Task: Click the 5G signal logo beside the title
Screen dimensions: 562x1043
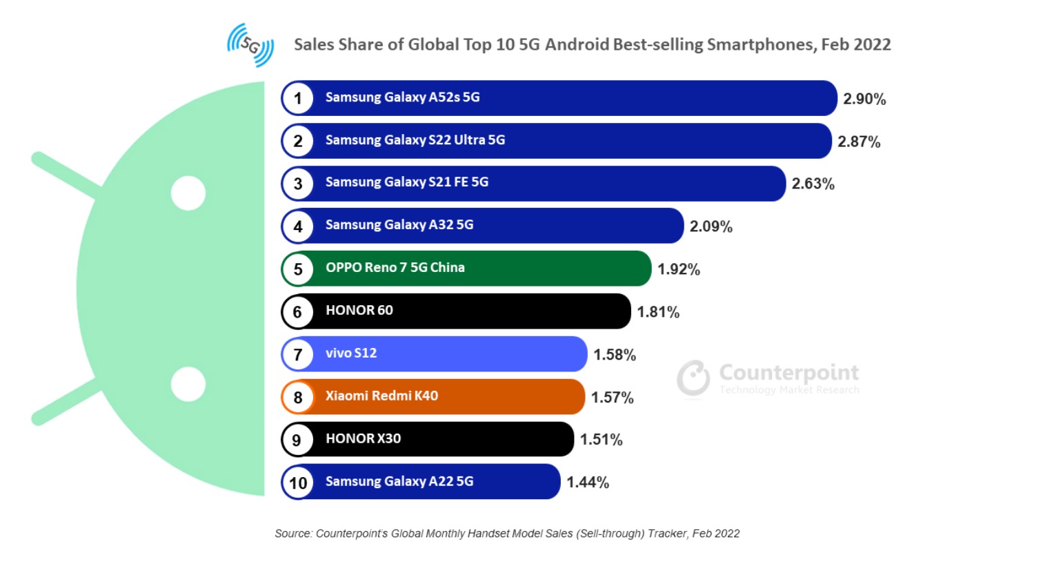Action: click(250, 45)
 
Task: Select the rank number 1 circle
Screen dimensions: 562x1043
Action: click(298, 98)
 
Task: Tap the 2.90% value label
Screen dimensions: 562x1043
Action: click(864, 99)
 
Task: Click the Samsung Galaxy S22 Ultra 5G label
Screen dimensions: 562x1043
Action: click(415, 140)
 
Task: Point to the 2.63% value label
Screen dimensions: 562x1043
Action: click(813, 184)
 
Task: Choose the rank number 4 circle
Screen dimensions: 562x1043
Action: click(298, 226)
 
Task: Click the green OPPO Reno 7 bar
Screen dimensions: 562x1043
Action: click(552, 269)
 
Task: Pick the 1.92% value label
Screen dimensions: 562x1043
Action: click(678, 269)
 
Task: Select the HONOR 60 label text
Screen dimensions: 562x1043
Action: click(359, 311)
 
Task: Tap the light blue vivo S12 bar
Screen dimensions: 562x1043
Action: click(483, 354)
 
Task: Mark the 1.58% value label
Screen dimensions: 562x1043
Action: click(615, 355)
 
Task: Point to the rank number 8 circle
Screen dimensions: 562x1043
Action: click(298, 398)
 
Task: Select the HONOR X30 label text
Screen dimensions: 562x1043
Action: click(363, 439)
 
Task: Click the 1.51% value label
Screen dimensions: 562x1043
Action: click(601, 440)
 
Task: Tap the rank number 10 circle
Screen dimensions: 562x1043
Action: click(298, 483)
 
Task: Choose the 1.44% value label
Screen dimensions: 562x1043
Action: click(588, 483)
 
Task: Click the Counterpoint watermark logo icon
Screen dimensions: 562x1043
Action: click(693, 378)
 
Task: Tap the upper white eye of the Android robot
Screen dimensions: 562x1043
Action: click(188, 193)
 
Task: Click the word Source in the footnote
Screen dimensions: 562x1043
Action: click(292, 534)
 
